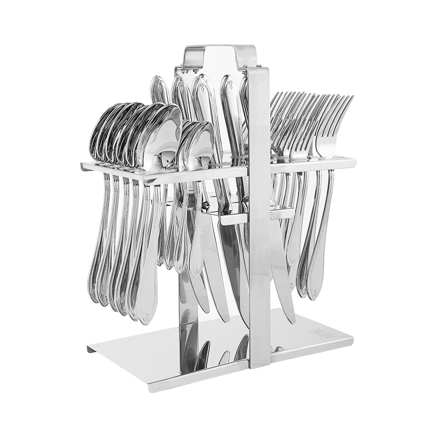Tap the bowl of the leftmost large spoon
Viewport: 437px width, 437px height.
[x=98, y=131]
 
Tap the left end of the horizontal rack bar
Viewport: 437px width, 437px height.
[x=86, y=167]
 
